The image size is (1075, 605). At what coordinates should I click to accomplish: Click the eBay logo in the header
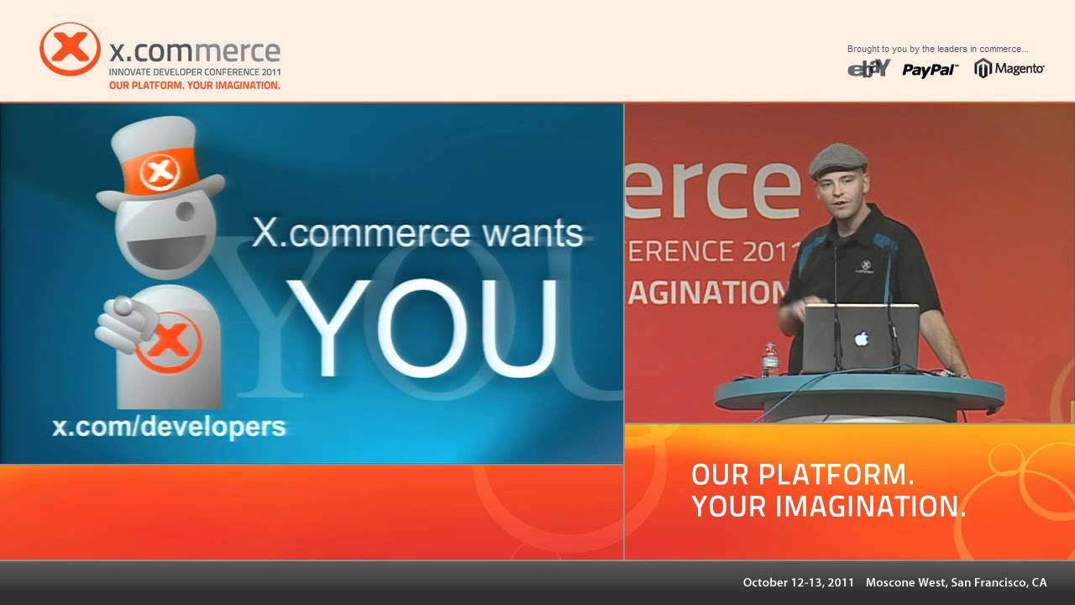[x=868, y=69]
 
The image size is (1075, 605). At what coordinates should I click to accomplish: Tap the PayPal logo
[x=930, y=70]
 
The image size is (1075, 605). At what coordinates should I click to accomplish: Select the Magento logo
[x=1009, y=69]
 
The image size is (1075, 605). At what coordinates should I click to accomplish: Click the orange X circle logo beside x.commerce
[x=70, y=49]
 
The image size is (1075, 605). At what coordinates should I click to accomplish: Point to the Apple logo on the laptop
[x=862, y=339]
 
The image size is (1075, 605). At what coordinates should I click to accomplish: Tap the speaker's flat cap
[x=838, y=160]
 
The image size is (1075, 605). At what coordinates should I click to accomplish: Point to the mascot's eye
[x=186, y=210]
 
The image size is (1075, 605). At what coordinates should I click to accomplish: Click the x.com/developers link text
[x=169, y=427]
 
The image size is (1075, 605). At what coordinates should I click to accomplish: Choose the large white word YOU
[x=422, y=328]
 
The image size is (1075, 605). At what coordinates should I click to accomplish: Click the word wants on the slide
[x=532, y=234]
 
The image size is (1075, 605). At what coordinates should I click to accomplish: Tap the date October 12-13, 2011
[x=799, y=582]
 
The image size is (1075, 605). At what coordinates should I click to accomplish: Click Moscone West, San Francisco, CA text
[x=956, y=582]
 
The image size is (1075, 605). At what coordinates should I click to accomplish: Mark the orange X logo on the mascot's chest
[x=169, y=342]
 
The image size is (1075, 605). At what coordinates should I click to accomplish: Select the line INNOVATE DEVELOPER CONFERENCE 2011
[x=195, y=72]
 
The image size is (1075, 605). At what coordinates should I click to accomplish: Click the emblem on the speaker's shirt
[x=865, y=266]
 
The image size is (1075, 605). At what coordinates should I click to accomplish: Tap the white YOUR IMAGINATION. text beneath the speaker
[x=829, y=507]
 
